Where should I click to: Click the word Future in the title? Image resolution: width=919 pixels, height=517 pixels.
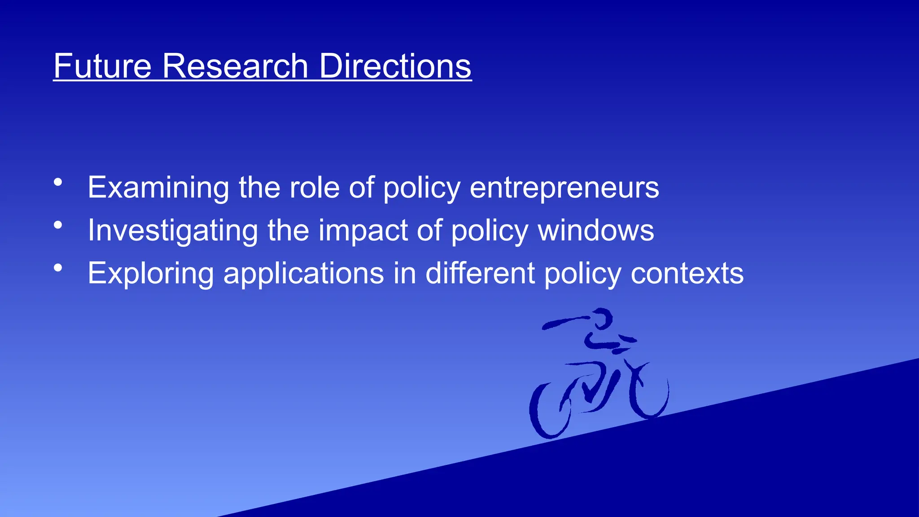[103, 66]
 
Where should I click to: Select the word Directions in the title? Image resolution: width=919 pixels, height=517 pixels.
[395, 66]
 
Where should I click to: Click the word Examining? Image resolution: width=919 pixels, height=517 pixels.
[158, 188]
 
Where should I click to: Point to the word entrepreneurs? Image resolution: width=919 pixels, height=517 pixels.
[564, 188]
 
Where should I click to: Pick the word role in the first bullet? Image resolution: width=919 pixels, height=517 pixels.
[315, 188]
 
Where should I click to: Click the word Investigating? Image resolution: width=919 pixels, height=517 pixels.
[173, 231]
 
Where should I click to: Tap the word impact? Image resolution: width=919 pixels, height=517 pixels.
[363, 231]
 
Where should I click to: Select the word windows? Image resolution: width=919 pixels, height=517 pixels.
[596, 231]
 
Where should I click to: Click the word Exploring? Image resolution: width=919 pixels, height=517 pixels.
[151, 274]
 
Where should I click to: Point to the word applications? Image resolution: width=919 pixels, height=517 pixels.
[304, 274]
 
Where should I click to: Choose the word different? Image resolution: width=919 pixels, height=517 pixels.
[480, 274]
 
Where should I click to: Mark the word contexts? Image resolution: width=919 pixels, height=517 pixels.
[687, 274]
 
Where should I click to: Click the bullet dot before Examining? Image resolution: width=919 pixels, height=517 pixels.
[58, 182]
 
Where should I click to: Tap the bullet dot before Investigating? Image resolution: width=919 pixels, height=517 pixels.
[58, 225]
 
